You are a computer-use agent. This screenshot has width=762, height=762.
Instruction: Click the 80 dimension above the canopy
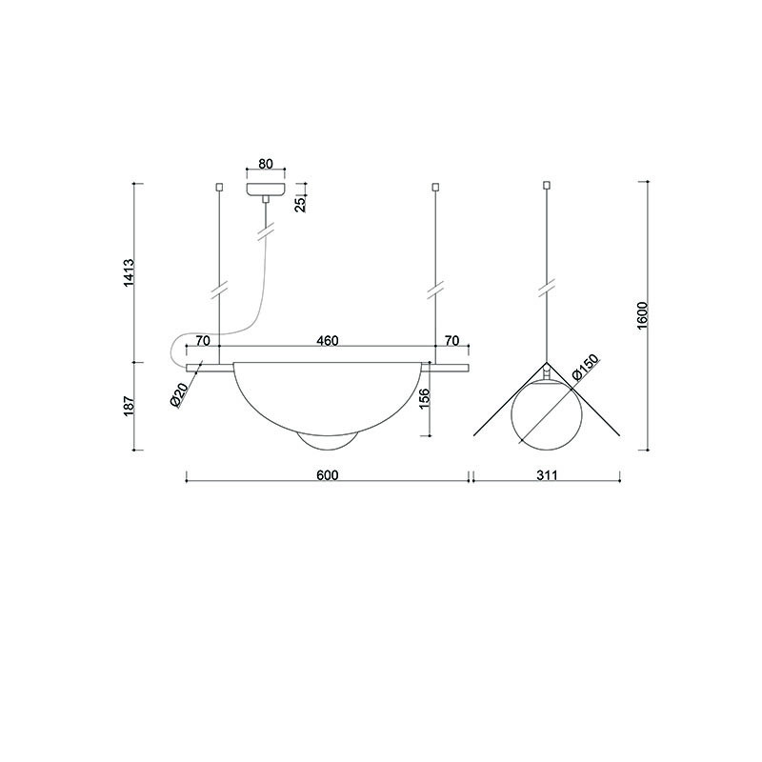coord(266,164)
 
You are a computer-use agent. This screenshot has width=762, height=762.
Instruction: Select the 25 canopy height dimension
coord(301,204)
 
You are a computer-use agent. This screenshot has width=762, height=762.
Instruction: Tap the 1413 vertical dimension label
coord(129,272)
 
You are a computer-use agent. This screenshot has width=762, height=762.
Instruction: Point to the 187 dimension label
coord(129,406)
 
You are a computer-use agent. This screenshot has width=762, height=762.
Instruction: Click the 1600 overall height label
coord(642,315)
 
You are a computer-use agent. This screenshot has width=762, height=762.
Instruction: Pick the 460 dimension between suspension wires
coord(327,341)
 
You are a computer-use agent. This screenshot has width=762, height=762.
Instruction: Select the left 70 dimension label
coord(203,341)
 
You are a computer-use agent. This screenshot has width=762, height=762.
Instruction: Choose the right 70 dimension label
coord(451,341)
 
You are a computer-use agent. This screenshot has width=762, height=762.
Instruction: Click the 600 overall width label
coord(327,474)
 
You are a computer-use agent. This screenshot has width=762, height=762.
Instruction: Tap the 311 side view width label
coord(547,474)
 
